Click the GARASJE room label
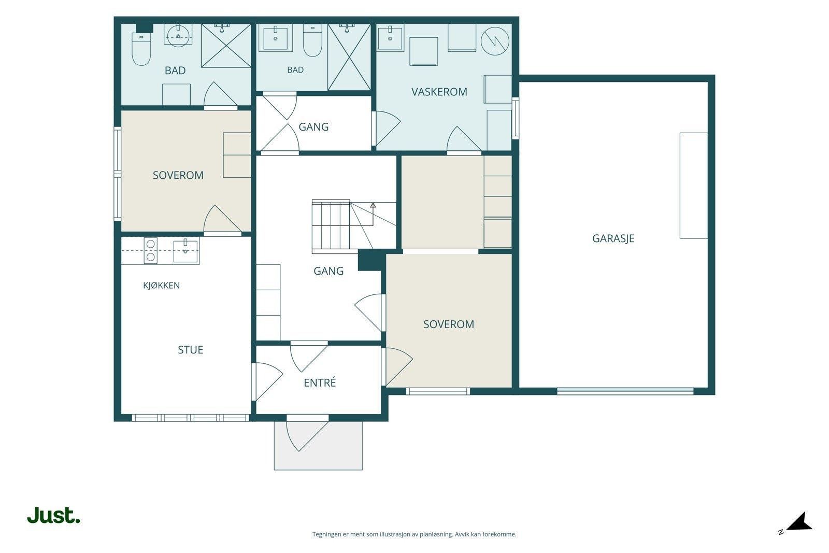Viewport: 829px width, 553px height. coord(613,238)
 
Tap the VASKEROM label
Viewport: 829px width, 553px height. coord(439,92)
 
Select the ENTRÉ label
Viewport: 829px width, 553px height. coord(320,382)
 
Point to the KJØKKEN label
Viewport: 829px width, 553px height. coord(161,286)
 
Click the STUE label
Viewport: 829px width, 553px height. coord(191,350)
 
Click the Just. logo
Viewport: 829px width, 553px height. coord(54,516)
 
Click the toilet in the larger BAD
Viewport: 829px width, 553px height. coord(141,49)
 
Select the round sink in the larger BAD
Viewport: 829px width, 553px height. coord(178,36)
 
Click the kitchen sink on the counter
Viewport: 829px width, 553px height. coord(185,251)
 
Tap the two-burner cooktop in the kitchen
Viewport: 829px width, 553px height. coord(151,251)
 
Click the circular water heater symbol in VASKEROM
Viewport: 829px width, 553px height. coord(495,41)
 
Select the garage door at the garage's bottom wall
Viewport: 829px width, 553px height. coord(625,391)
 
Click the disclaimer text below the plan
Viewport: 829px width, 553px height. coord(414,534)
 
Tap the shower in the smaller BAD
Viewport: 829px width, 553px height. coord(349,58)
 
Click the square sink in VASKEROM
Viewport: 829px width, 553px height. coord(390,38)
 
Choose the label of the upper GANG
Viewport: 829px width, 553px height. coord(313,127)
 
